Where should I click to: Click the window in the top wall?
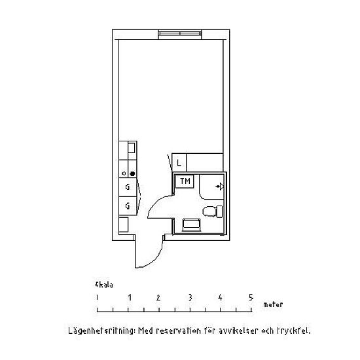[x=180, y=34]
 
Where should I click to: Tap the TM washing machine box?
[x=185, y=181]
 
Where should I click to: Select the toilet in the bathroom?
[x=213, y=211]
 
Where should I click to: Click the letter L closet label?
[x=179, y=163]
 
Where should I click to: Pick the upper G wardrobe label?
[x=128, y=187]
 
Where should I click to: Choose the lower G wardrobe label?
[x=128, y=206]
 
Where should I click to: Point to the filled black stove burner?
[x=132, y=174]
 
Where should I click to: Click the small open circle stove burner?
[x=124, y=173]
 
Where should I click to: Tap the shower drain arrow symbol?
[x=220, y=187]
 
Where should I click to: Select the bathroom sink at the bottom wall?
[x=191, y=225]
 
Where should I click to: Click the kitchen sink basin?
[x=131, y=148]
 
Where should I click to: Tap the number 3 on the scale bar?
[x=190, y=298]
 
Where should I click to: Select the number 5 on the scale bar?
[x=251, y=298]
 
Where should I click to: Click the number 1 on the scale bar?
[x=130, y=298]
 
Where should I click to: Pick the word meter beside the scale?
[x=273, y=304]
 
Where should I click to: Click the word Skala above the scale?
[x=104, y=285]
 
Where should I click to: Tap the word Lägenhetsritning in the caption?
[x=101, y=331]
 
